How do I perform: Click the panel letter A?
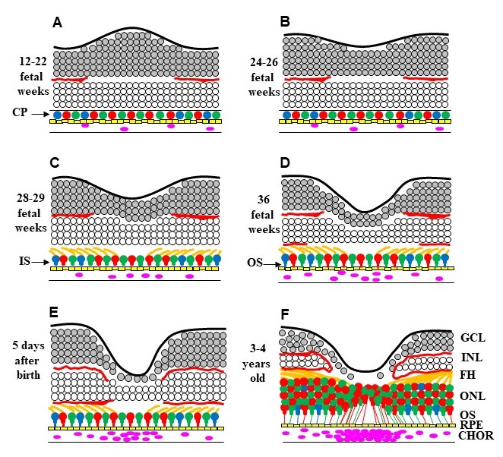point(56,22)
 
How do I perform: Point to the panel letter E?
point(55,314)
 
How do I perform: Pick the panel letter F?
point(286,314)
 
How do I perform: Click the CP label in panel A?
point(21,112)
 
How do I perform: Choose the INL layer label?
point(472,357)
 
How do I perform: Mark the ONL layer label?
point(472,396)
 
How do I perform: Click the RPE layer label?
point(472,426)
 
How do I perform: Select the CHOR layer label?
point(476,437)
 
